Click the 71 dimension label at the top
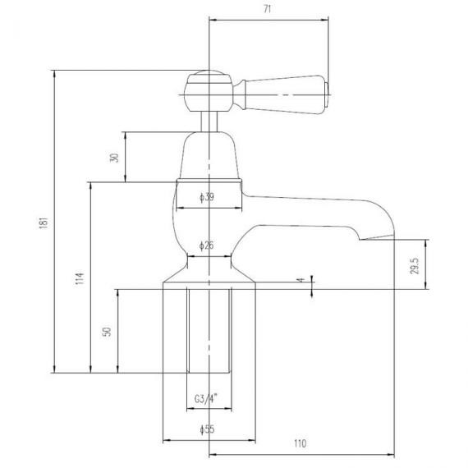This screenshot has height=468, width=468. (x=268, y=9)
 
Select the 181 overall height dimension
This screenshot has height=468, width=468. (x=44, y=223)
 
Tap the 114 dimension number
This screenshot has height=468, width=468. (x=80, y=278)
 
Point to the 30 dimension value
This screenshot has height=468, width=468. (x=114, y=158)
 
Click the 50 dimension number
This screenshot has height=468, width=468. (x=107, y=332)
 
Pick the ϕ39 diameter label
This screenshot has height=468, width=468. (x=207, y=197)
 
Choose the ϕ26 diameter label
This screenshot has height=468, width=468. (x=207, y=245)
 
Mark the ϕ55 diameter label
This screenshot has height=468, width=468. (x=207, y=429)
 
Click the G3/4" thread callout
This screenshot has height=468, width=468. (x=206, y=399)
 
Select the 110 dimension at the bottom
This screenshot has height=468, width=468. (x=300, y=443)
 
